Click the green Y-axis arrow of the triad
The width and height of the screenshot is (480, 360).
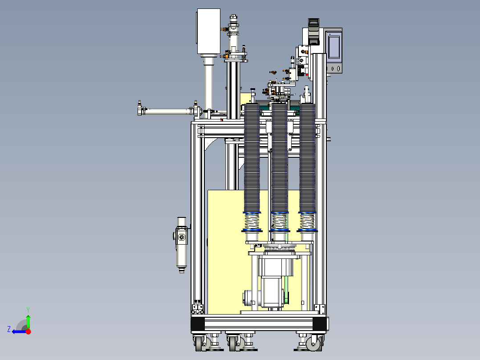(28, 322)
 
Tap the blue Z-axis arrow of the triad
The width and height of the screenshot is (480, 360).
(19, 331)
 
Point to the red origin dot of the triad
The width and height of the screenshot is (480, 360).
(28, 331)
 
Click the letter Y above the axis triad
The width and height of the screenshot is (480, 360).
(28, 310)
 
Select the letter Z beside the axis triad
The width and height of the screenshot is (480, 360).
(9, 329)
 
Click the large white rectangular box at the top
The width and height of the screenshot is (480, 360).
(208, 31)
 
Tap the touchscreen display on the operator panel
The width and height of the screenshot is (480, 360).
(334, 46)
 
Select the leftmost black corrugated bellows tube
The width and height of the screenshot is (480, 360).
(252, 158)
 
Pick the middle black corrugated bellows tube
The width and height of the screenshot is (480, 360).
(279, 158)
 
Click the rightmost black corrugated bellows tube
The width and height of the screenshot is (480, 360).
(307, 158)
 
